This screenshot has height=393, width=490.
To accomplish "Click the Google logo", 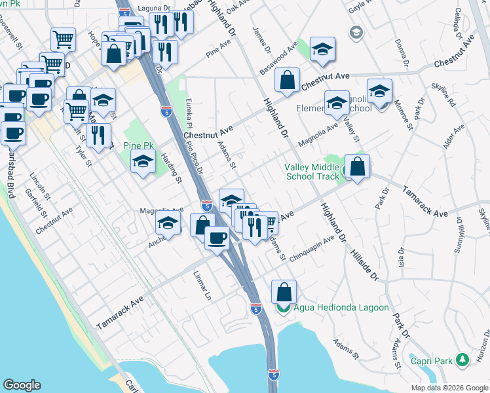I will pyautogui.click(x=22, y=385).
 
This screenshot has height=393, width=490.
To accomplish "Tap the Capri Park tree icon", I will pyautogui.click(x=462, y=360).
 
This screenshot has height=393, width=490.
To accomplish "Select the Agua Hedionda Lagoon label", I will pyautogui.click(x=341, y=307).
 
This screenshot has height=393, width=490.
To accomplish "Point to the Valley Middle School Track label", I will pyautogui.click(x=312, y=172).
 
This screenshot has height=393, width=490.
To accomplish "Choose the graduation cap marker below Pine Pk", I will pyautogui.click(x=143, y=160).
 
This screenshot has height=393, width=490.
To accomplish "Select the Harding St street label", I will pyautogui.click(x=172, y=170).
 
